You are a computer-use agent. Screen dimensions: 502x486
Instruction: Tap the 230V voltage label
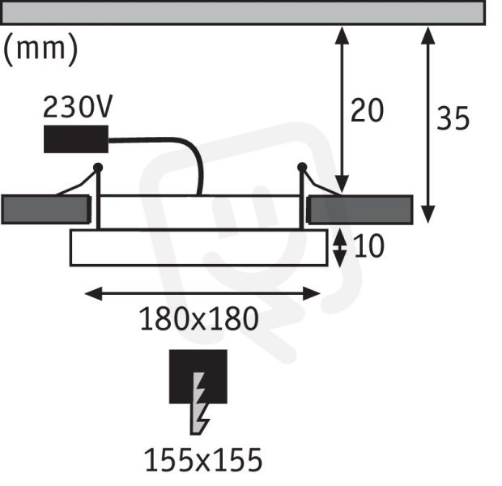point(78,106)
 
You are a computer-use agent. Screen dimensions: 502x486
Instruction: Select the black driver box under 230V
point(76,139)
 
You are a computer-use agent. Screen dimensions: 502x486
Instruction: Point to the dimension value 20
point(367,110)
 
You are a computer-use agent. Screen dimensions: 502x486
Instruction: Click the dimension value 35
point(453,118)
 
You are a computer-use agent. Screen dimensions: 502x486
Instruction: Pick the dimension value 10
point(368,245)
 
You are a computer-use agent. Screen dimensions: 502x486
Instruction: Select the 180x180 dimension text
point(199,318)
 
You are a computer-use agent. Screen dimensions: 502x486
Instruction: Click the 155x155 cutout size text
point(203,460)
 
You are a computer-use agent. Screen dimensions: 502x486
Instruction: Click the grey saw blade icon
point(199,403)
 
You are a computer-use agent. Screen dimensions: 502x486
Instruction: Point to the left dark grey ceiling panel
point(46,210)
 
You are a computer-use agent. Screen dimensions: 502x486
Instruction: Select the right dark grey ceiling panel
point(359,210)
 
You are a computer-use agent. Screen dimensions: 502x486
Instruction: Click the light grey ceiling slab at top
point(244,13)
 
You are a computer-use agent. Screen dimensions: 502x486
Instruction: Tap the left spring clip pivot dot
point(98,167)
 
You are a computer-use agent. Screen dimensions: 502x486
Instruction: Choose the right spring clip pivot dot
point(302,167)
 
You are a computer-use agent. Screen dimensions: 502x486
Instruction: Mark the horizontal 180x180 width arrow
point(202,293)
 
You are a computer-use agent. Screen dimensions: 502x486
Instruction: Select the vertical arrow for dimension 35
point(428,125)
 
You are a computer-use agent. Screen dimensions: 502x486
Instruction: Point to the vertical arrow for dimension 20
point(342,110)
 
